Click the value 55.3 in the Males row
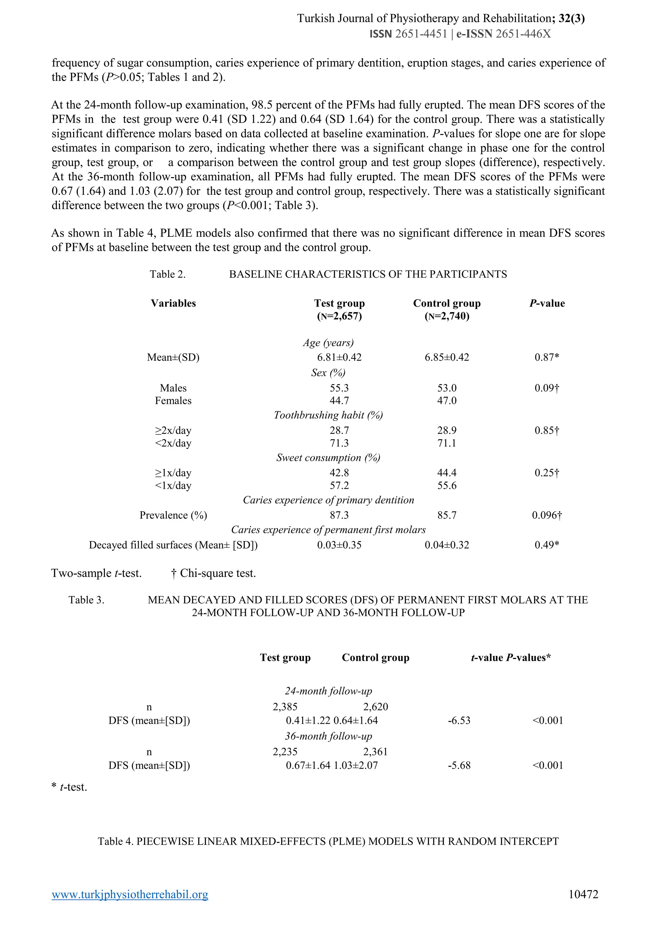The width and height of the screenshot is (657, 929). pos(339,388)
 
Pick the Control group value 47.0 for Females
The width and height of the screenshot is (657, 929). pos(447,401)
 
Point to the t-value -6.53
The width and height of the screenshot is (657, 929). pos(459,720)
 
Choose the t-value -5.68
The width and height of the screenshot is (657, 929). pos(459,765)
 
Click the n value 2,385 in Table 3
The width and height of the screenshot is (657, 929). pos(285,707)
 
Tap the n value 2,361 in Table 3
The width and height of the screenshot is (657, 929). pos(375,752)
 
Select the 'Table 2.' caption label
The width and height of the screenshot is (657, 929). pos(167,274)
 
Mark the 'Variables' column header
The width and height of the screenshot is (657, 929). pos(173,303)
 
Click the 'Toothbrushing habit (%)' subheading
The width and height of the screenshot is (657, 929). pos(328,415)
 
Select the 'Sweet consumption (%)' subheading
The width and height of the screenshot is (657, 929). pos(328,458)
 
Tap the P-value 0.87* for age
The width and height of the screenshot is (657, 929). pos(547,357)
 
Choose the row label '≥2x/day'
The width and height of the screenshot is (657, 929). pos(173,430)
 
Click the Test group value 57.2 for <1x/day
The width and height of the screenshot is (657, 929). pos(339,486)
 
